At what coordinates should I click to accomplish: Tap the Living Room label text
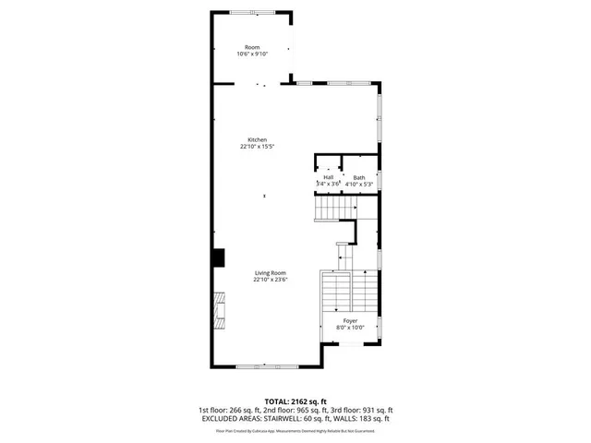coord(271,272)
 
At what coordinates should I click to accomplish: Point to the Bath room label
coord(358,177)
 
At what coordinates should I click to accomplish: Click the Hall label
coord(328,177)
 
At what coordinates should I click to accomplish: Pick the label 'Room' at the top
coord(252,47)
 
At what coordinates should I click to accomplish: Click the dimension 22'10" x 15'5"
coord(258,147)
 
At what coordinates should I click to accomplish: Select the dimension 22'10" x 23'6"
coord(271,280)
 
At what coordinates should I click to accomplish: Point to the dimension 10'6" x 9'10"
coord(252,54)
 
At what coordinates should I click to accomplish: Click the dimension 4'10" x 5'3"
coord(358,185)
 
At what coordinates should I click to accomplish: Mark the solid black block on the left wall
coord(218,257)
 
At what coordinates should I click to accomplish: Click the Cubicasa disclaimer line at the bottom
coord(295,429)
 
